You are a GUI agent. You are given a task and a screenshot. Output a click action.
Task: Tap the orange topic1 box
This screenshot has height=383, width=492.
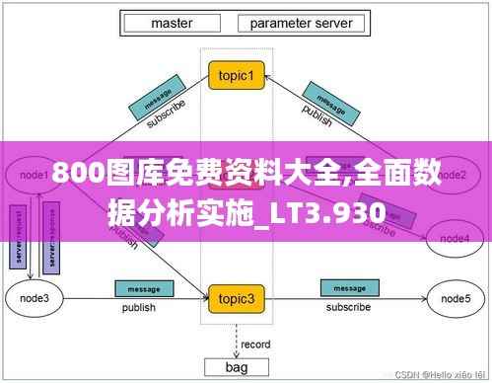pos(237,75)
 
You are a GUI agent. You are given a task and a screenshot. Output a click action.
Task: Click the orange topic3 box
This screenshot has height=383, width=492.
pos(237,298)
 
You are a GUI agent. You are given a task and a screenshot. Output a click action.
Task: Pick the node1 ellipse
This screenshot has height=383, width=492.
pos(34,175)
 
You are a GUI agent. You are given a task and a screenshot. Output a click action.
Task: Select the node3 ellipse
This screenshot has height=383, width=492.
pos(34,297)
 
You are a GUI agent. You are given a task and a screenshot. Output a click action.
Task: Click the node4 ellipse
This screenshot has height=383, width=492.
pos(454,238)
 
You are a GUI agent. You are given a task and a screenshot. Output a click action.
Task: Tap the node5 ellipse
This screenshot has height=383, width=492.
pos(453,297)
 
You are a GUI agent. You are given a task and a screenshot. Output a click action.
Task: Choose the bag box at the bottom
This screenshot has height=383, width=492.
pos(237,366)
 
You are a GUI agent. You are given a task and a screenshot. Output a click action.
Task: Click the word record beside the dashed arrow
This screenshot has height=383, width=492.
pos(255,344)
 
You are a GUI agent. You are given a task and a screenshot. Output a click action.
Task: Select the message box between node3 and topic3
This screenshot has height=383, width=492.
pos(138,288)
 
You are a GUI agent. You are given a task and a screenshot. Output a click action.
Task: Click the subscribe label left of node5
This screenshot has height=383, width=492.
pos(347,308)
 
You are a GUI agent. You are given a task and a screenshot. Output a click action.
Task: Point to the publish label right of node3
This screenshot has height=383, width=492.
pos(138,308)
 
